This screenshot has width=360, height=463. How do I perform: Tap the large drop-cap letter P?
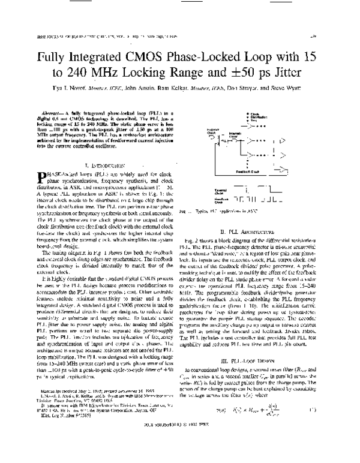[41, 177]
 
